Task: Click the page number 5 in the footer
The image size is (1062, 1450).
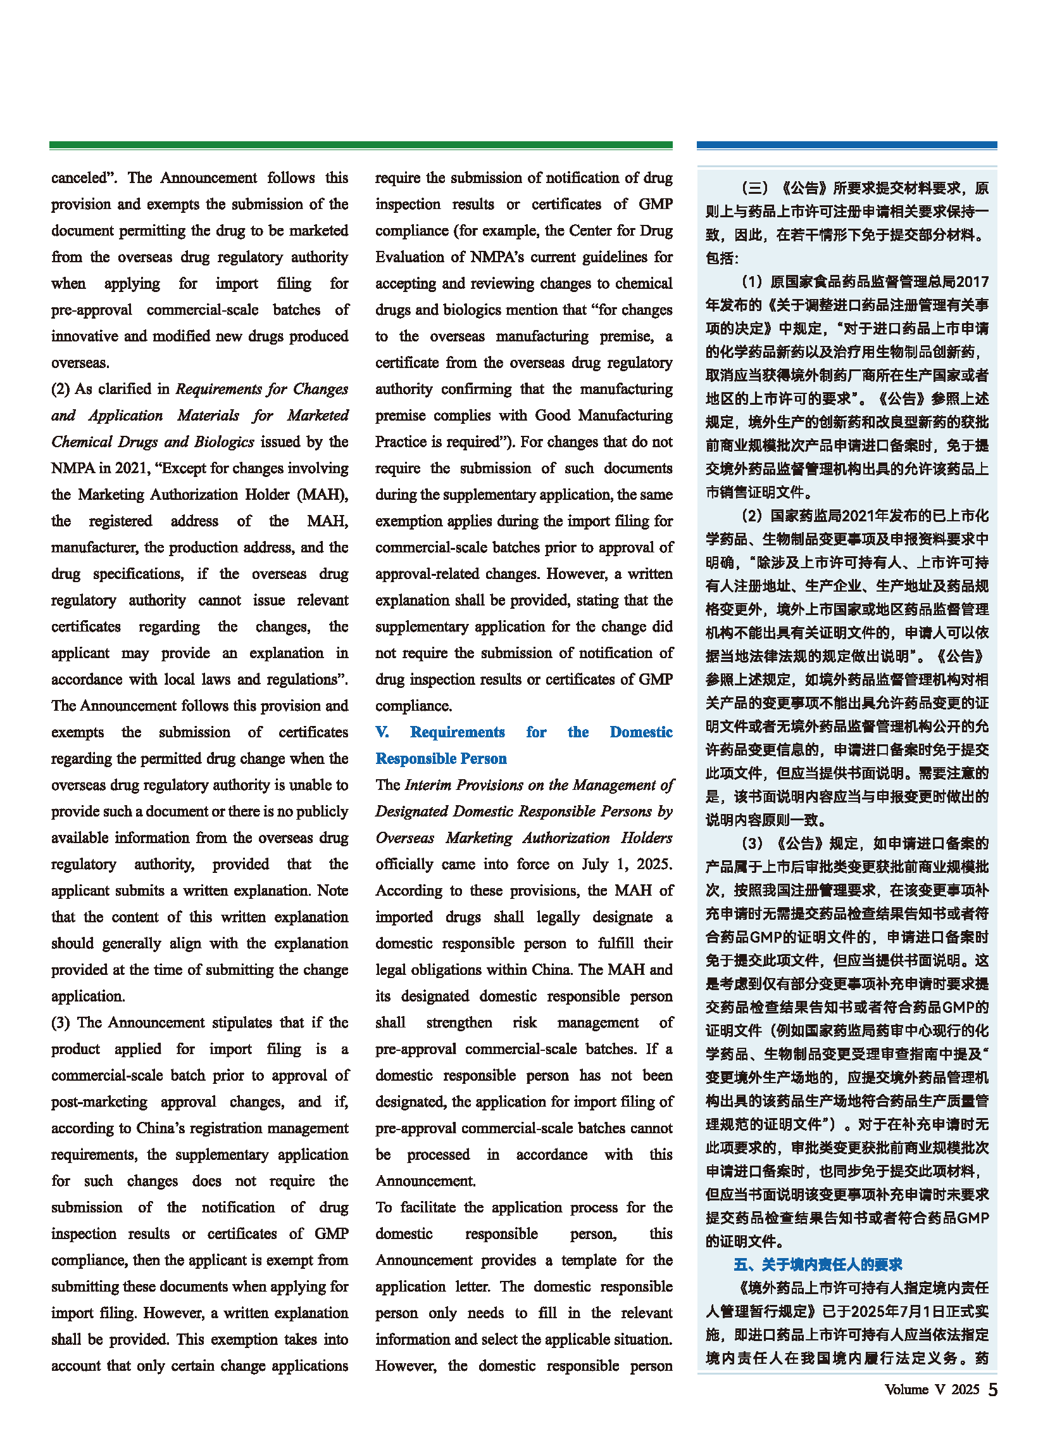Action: (x=992, y=1390)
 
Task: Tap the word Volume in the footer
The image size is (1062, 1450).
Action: (x=906, y=1390)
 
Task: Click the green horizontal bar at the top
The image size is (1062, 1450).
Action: (x=361, y=146)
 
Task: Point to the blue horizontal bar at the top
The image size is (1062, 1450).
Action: (x=847, y=146)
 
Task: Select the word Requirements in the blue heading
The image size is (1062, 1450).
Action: (x=457, y=732)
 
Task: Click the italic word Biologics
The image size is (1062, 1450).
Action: (x=224, y=442)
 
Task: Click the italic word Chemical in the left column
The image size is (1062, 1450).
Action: (x=82, y=442)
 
